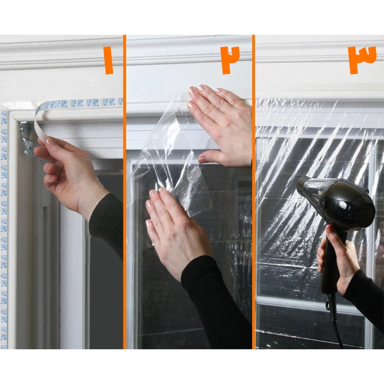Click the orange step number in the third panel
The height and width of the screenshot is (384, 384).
[362, 60]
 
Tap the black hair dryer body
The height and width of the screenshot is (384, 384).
[341, 202]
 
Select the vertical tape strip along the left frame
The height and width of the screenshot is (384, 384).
[4, 216]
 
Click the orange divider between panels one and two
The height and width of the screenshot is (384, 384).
[124, 192]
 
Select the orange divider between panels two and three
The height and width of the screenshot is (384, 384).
[253, 192]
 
